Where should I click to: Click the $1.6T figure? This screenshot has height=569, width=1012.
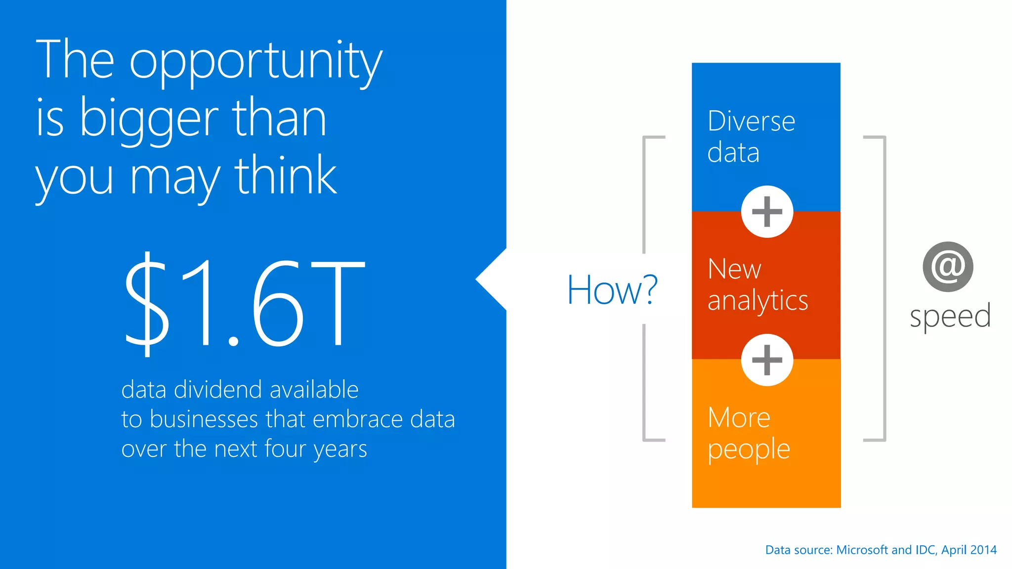(x=245, y=302)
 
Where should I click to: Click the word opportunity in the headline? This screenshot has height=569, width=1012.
(x=255, y=62)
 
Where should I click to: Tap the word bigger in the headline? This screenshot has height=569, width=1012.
(x=148, y=120)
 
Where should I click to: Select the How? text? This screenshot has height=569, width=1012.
(x=612, y=290)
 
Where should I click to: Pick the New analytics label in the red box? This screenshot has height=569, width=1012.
(x=757, y=285)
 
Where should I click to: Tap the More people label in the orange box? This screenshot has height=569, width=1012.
(x=748, y=433)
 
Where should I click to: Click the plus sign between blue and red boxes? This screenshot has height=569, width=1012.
(x=767, y=212)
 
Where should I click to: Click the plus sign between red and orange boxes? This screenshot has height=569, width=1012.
(x=767, y=360)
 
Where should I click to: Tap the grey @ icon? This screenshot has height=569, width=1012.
(x=948, y=267)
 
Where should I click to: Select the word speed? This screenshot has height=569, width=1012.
(x=950, y=316)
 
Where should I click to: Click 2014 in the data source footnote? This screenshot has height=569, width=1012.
(x=983, y=550)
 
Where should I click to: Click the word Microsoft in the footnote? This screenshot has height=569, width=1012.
(x=862, y=550)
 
